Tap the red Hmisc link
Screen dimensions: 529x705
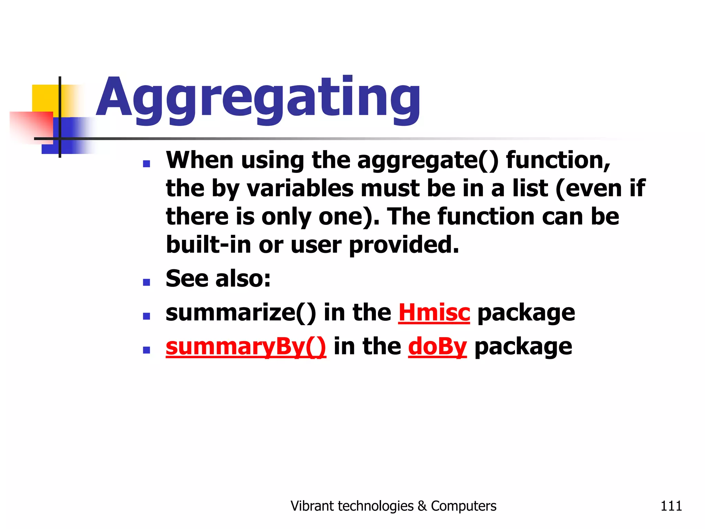point(434,313)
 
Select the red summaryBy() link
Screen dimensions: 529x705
point(245,346)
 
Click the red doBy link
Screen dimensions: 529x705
point(437,346)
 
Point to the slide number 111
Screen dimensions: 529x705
point(671,506)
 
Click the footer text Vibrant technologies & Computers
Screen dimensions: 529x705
point(393,506)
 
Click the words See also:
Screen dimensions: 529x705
point(218,279)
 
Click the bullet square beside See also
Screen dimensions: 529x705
point(147,282)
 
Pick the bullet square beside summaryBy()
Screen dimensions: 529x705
point(147,350)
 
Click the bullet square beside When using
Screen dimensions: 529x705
point(147,164)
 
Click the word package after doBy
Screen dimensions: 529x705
point(523,347)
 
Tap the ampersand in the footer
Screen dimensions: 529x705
point(422,506)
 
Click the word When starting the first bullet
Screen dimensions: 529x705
point(200,160)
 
